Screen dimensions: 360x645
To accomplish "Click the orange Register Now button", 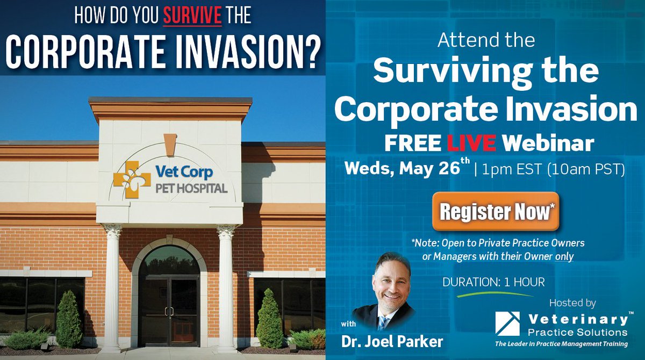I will click(496, 212).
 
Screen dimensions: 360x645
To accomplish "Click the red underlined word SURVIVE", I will click(192, 16).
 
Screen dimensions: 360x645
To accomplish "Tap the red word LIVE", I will click(473, 143).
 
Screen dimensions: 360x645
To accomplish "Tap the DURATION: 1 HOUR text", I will click(493, 281).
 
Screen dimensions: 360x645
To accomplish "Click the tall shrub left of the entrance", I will click(69, 320).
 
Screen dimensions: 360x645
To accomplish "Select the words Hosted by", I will click(572, 303).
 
